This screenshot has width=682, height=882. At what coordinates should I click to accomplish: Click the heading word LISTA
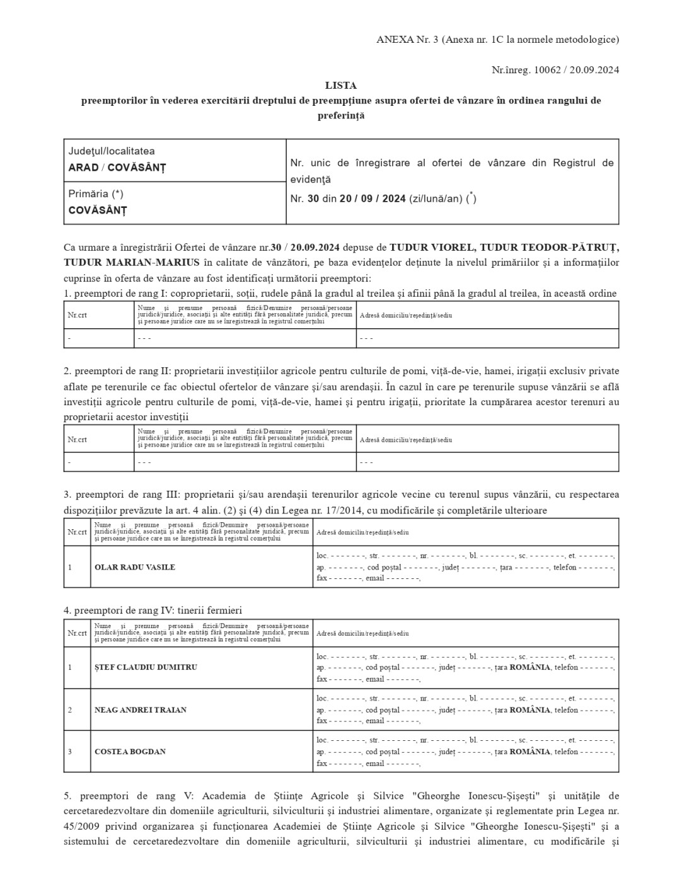tap(340, 86)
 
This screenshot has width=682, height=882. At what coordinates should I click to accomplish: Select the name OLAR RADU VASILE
tap(134, 567)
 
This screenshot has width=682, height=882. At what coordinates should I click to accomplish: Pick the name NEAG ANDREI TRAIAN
tap(141, 710)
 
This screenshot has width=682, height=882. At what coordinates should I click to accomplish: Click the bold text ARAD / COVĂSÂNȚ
tap(117, 168)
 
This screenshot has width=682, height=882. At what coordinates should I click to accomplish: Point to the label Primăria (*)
tap(96, 194)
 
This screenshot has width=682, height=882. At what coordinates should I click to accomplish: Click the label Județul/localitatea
tap(112, 151)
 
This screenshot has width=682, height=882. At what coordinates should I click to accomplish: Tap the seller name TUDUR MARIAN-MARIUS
tap(132, 262)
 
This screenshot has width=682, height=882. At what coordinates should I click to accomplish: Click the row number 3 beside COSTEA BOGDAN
tap(70, 752)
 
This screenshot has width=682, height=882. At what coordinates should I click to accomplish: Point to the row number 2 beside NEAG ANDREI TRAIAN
tap(70, 710)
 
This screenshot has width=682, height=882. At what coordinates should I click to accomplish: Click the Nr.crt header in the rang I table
tap(78, 315)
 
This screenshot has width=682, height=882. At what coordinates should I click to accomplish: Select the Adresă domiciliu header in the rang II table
tap(405, 440)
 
